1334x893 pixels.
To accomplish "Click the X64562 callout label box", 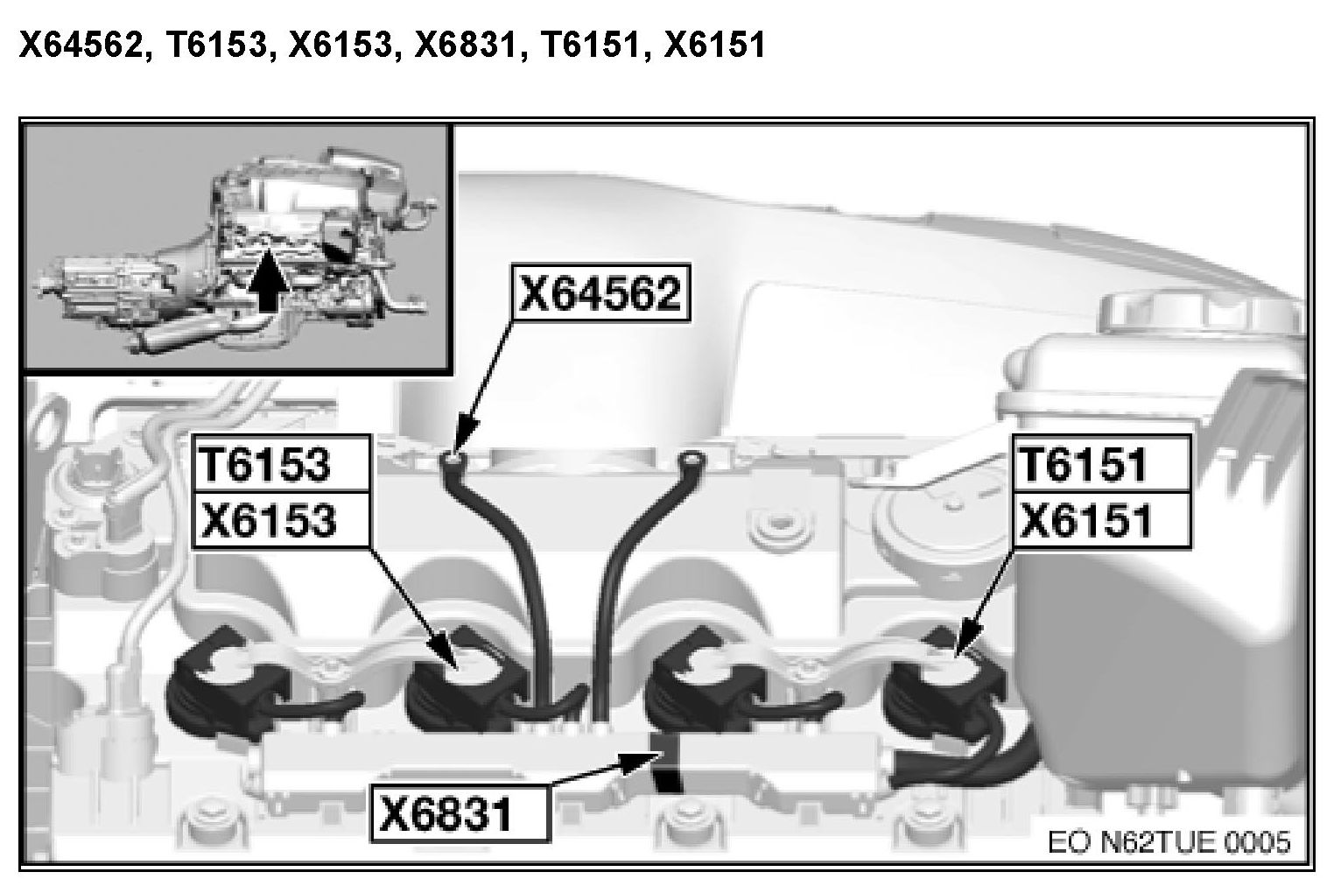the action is tap(601, 292).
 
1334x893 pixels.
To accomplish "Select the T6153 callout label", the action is tap(280, 463).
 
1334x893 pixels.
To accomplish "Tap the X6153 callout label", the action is tap(280, 519).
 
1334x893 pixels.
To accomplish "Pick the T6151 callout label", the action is tap(1102, 463).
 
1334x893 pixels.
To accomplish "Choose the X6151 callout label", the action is tap(1102, 520).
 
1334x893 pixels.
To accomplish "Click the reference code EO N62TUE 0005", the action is tap(1169, 842).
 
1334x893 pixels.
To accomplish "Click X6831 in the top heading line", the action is tap(466, 45).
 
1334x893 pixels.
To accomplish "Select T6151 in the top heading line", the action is tap(591, 45).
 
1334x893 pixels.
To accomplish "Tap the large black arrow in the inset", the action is tap(269, 280).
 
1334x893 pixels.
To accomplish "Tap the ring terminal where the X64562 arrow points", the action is tap(452, 460).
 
